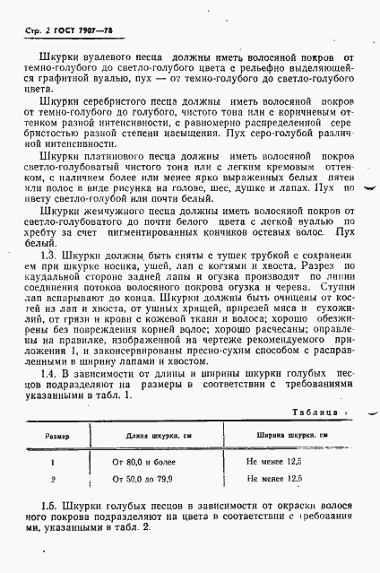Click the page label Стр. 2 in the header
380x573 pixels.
pyautogui.click(x=30, y=32)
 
